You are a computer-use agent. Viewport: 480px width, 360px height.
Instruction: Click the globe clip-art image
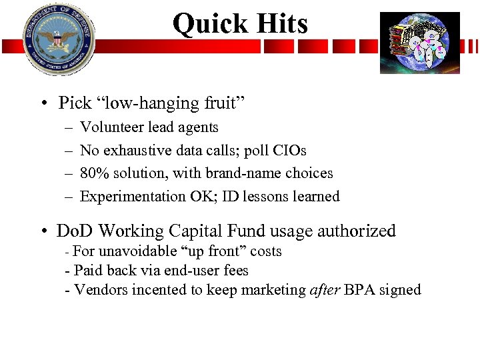click(419, 43)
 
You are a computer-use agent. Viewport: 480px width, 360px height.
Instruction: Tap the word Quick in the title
click(205, 24)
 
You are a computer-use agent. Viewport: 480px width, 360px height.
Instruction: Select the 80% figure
click(92, 173)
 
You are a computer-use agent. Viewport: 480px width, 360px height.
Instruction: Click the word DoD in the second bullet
click(74, 231)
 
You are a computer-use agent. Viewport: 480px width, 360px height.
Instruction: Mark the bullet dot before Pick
click(42, 104)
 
